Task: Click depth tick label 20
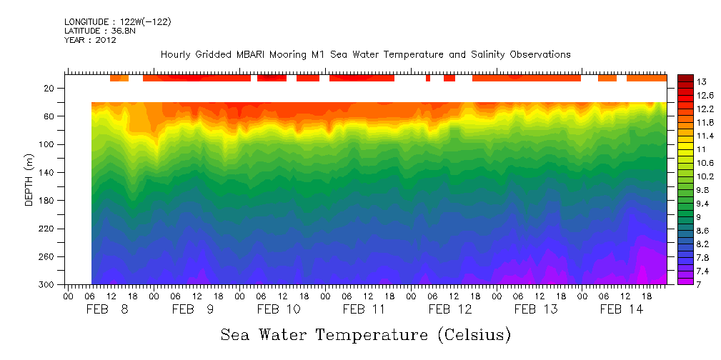click(x=50, y=89)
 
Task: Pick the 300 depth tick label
click(x=47, y=285)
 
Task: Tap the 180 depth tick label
click(x=47, y=201)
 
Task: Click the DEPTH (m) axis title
click(x=29, y=183)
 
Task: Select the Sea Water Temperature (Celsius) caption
click(x=365, y=335)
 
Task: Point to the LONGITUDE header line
click(x=117, y=22)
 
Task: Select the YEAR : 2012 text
click(x=90, y=41)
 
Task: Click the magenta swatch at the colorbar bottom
click(x=685, y=281)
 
